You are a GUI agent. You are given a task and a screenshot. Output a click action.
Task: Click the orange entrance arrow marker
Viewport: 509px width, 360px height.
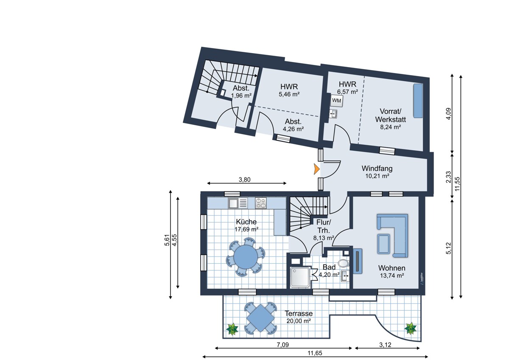(x=316, y=169)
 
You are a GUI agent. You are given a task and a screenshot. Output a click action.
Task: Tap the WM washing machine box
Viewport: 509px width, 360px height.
(x=336, y=101)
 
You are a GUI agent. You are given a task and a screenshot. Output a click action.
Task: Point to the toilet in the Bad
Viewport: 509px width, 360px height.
(x=343, y=263)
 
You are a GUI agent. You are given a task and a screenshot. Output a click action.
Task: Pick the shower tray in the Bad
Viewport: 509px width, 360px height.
(x=300, y=277)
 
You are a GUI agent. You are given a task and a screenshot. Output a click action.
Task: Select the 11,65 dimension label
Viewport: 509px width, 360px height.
(x=315, y=353)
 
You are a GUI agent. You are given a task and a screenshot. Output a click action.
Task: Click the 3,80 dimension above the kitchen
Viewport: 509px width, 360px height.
(x=244, y=180)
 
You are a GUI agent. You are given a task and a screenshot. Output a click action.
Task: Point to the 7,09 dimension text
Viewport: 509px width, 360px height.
(x=283, y=345)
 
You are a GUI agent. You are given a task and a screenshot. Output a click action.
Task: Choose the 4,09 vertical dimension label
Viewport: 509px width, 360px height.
(x=448, y=114)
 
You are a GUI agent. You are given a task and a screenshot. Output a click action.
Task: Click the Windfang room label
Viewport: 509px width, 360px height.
(x=377, y=169)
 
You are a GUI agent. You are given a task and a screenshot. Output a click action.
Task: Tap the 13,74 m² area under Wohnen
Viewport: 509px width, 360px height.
(x=392, y=276)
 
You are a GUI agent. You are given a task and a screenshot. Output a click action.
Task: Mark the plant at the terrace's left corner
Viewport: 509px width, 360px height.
(x=232, y=329)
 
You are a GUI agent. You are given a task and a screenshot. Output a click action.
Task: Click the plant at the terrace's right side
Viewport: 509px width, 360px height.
(x=411, y=328)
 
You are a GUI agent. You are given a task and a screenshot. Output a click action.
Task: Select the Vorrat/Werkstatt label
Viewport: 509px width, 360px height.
(x=390, y=115)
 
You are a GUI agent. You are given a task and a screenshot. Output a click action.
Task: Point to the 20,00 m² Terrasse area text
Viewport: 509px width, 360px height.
(x=299, y=321)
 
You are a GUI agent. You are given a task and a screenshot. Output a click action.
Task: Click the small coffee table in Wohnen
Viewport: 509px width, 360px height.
(x=383, y=244)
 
